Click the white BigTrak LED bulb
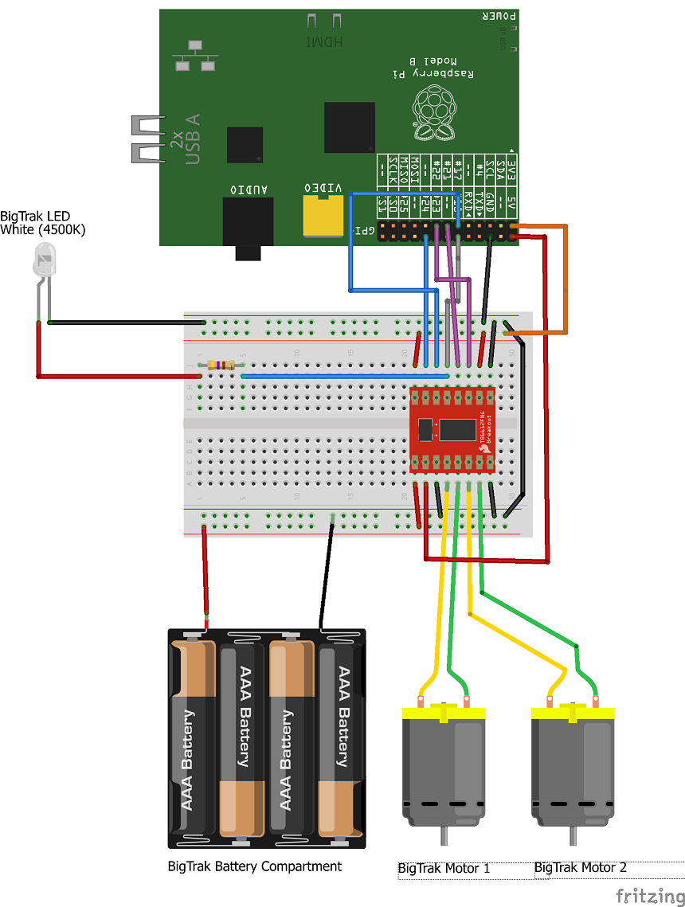[x=45, y=262]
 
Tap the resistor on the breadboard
[x=221, y=366]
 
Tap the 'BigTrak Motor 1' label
[x=444, y=868]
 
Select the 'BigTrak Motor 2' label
[x=581, y=867]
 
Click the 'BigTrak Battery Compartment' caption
[x=255, y=866]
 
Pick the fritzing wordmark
[x=648, y=896]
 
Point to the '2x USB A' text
[x=185, y=139]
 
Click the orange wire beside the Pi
[x=566, y=279]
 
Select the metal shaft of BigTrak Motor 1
[x=444, y=836]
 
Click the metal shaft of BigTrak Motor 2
[x=572, y=836]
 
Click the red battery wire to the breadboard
[x=206, y=573]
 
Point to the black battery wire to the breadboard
[x=327, y=573]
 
